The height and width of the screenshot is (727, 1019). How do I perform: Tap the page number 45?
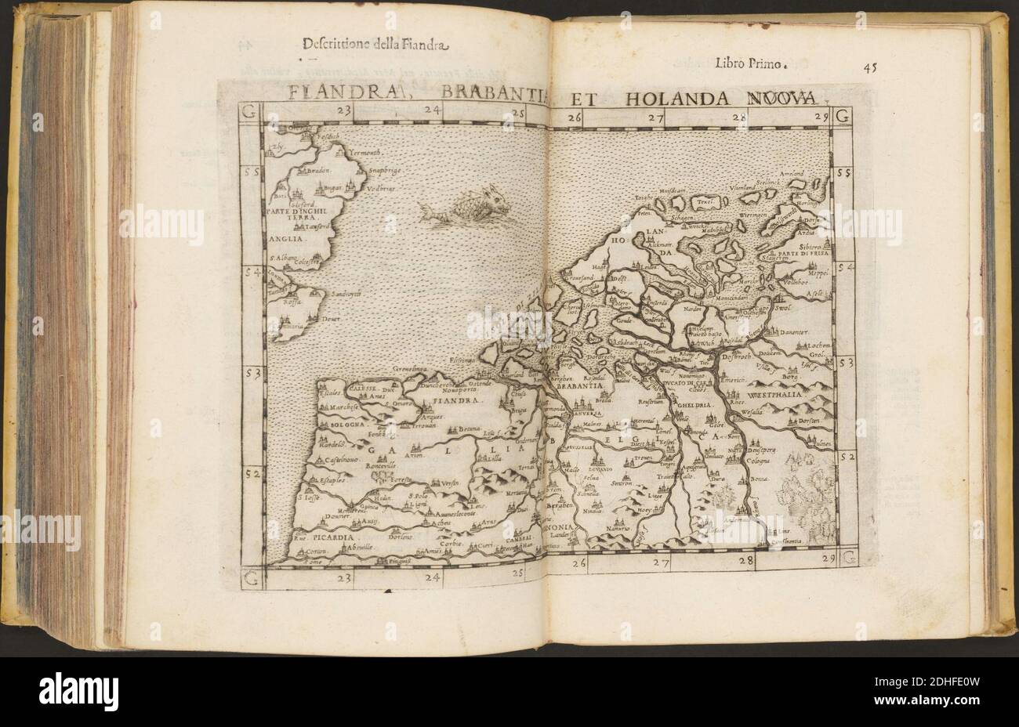[x=870, y=67]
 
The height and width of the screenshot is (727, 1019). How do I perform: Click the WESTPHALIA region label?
[x=799, y=385]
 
